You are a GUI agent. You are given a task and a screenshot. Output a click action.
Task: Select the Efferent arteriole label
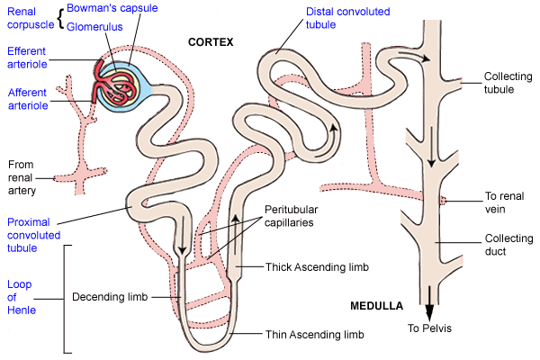(x=26, y=58)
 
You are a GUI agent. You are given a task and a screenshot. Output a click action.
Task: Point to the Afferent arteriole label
(x=26, y=99)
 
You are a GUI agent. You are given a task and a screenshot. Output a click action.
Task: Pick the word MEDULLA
(x=376, y=306)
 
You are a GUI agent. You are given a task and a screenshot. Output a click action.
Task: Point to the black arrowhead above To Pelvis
(x=428, y=310)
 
